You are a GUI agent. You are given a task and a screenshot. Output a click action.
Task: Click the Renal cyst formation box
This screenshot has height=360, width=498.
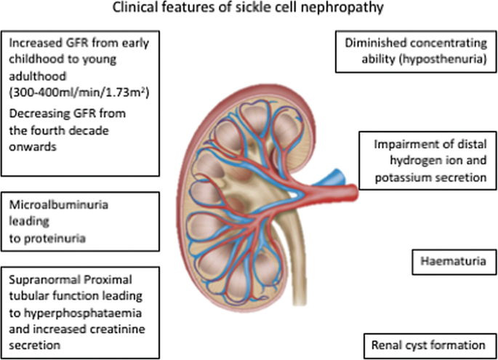(429, 344)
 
